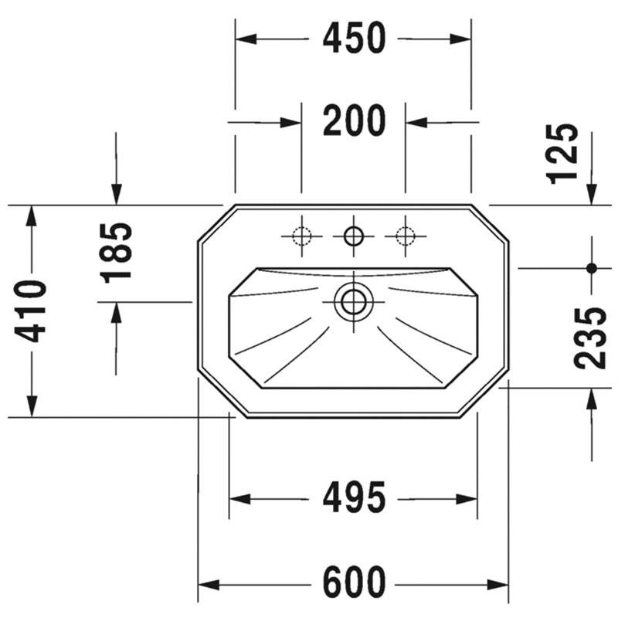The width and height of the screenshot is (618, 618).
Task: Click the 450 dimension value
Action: pos(354,38)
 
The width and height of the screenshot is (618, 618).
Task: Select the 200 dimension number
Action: pos(354,121)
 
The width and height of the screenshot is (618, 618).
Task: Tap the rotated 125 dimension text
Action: pos(563,154)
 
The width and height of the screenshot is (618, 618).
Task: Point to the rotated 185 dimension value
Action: pos(115,253)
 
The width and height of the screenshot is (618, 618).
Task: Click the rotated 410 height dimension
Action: pos(30,311)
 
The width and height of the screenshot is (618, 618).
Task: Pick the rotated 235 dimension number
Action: pos(590,338)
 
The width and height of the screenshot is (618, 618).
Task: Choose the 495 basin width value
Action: pos(354,497)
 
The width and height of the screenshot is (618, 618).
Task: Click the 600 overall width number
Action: pos(354,582)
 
